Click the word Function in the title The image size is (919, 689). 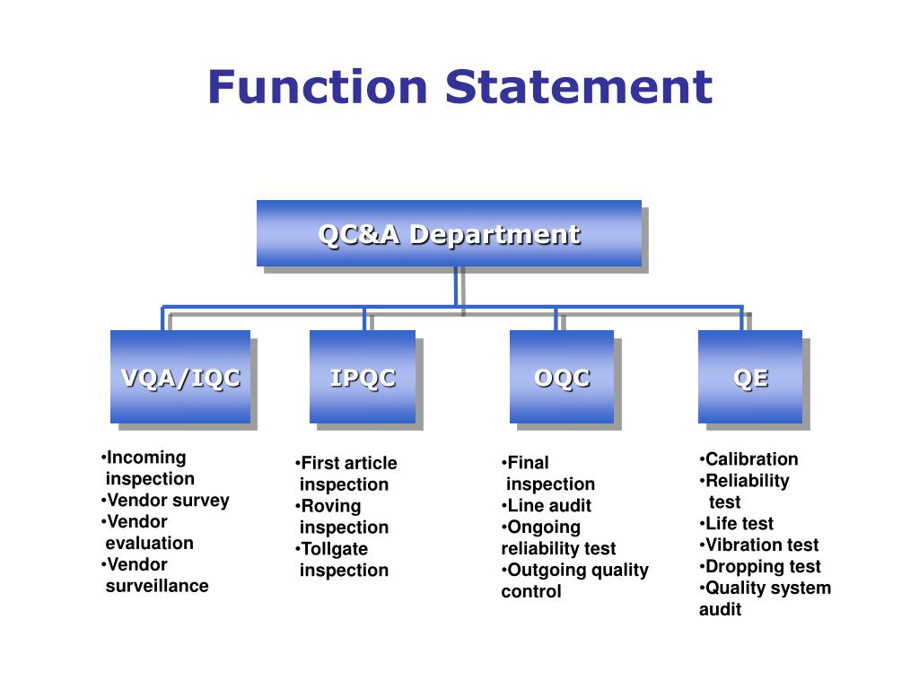pyautogui.click(x=317, y=87)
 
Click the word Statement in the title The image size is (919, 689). pyautogui.click(x=579, y=87)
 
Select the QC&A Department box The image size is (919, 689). pyautogui.click(x=449, y=233)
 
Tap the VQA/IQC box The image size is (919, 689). pyautogui.click(x=180, y=377)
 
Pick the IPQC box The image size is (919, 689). pyautogui.click(x=363, y=377)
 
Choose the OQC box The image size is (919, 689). pyautogui.click(x=562, y=377)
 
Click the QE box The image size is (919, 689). pyautogui.click(x=750, y=377)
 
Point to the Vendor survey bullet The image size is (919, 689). pyautogui.click(x=165, y=501)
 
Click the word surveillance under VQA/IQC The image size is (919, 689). pyautogui.click(x=157, y=586)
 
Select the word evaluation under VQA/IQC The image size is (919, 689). pyautogui.click(x=150, y=543)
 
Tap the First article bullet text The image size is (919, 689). pyautogui.click(x=346, y=463)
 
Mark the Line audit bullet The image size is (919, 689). pyautogui.click(x=547, y=505)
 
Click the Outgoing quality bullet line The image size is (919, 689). pyautogui.click(x=575, y=570)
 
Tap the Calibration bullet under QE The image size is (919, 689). pyautogui.click(x=749, y=458)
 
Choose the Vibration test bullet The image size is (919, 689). pyautogui.click(x=759, y=545)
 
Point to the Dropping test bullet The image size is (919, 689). pyautogui.click(x=760, y=567)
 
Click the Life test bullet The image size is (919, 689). pyautogui.click(x=737, y=523)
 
